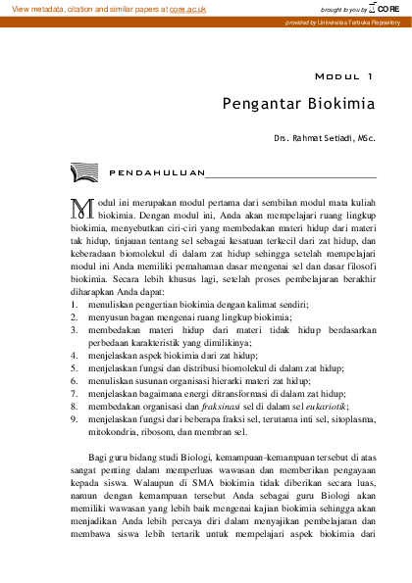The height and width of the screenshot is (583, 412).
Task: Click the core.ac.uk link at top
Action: tap(194, 8)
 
